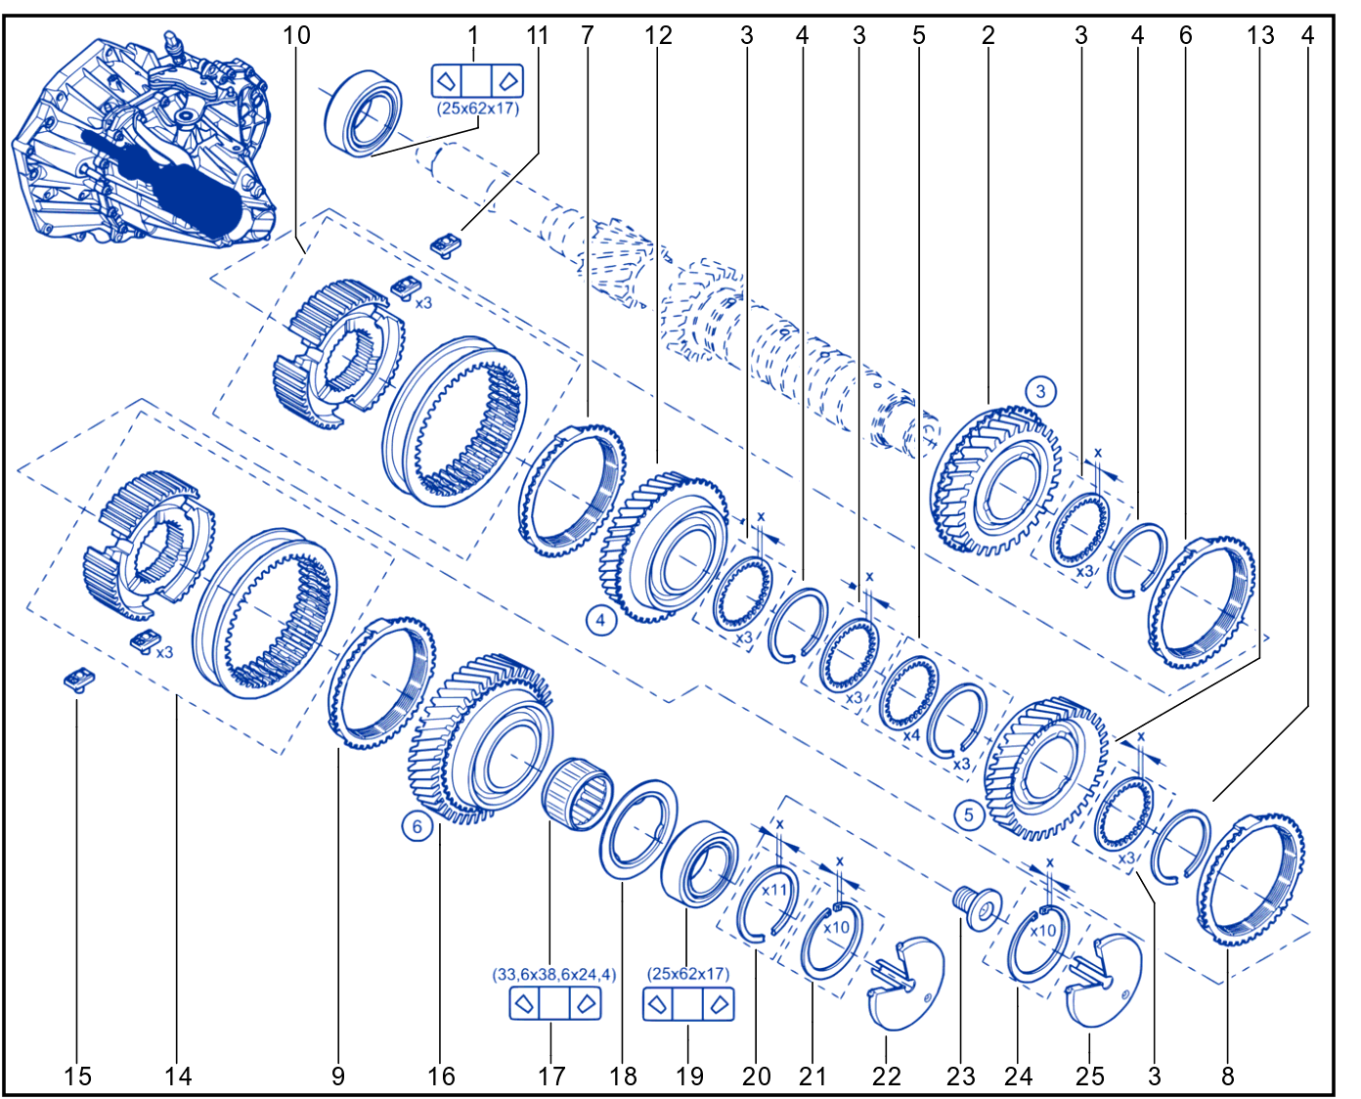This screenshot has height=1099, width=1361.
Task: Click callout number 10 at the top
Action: click(x=296, y=35)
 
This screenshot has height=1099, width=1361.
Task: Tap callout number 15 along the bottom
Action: click(x=77, y=1077)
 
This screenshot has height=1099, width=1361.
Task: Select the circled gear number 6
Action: click(x=417, y=826)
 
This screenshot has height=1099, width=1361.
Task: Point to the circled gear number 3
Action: click(x=1041, y=391)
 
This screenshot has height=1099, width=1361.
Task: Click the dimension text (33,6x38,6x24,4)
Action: click(x=553, y=975)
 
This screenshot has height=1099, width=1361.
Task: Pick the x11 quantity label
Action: click(x=774, y=890)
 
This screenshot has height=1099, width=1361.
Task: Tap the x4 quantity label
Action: click(x=911, y=735)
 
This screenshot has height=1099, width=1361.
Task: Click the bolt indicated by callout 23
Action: click(x=977, y=907)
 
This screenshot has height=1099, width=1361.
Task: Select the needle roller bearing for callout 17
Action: click(x=576, y=794)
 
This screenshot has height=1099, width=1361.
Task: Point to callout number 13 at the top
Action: click(x=1260, y=35)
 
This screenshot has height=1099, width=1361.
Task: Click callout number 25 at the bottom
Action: click(x=1089, y=1077)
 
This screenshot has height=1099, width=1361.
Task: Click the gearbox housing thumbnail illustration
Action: click(x=145, y=137)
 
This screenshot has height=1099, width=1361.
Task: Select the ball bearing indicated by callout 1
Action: click(x=363, y=113)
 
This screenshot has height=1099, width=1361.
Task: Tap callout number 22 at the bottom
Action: click(x=886, y=1077)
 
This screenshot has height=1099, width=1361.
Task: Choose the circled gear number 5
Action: click(x=968, y=814)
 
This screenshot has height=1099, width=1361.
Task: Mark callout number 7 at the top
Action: click(x=588, y=35)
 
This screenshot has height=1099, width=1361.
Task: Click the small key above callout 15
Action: click(x=79, y=680)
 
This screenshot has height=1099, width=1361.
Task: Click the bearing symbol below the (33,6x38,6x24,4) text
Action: click(x=554, y=1003)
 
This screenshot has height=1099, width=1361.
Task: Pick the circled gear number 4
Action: click(x=600, y=620)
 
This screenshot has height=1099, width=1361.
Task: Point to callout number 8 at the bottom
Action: click(x=1227, y=1077)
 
